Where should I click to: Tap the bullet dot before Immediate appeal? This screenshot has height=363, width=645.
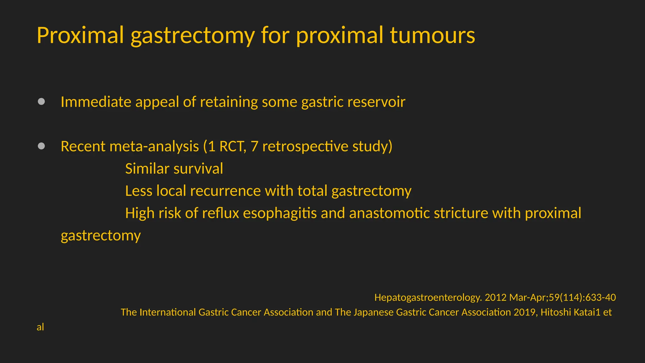tap(41, 101)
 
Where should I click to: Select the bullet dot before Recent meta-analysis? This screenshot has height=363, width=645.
tap(41, 146)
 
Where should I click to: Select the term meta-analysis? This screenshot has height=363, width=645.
tap(154, 146)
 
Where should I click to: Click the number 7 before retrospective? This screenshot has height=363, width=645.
tap(254, 146)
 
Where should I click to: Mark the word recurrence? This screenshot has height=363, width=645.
tap(225, 191)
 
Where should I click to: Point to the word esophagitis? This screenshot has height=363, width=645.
tap(280, 213)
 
